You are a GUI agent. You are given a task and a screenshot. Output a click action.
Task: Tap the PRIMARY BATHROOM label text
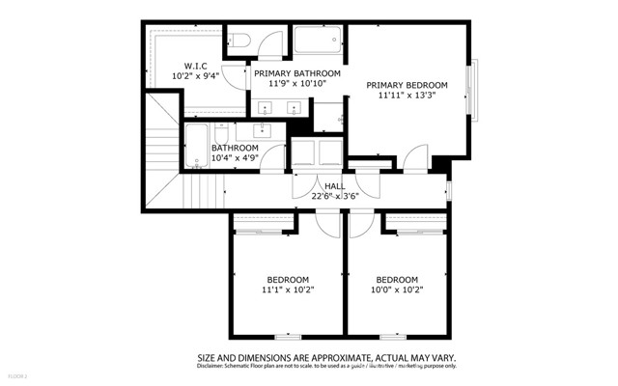(297, 72)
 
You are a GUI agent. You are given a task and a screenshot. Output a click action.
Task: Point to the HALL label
(335, 185)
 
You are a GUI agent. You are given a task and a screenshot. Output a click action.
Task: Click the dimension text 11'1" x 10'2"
(288, 289)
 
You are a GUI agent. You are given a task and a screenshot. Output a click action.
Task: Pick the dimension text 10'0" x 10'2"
(398, 289)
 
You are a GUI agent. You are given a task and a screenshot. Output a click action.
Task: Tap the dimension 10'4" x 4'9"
(235, 158)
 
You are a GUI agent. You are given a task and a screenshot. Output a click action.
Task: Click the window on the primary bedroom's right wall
(474, 92)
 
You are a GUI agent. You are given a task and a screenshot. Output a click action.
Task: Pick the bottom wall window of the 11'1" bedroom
(287, 336)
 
